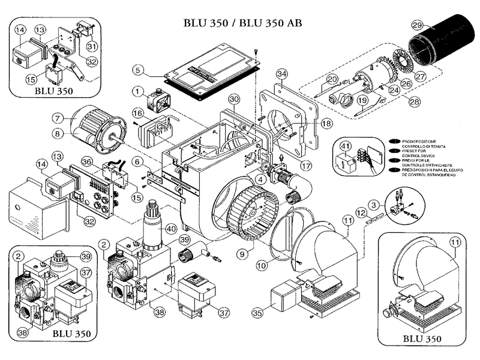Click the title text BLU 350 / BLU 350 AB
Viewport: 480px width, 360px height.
243,23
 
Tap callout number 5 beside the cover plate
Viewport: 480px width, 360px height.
138,71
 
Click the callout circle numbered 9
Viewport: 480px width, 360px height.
242,254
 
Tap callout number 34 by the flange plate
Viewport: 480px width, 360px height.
283,74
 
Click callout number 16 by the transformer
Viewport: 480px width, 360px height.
138,113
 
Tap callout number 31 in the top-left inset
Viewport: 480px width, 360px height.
91,46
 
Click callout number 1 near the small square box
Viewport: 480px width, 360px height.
138,91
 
